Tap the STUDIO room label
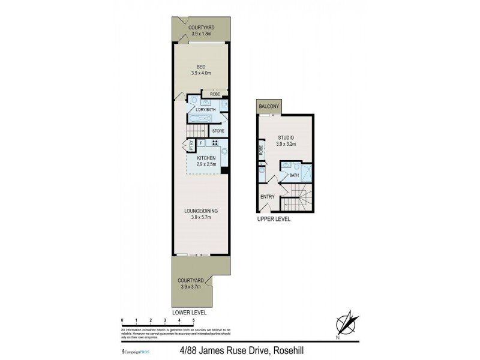pos(286,137)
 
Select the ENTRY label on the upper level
pos(267,197)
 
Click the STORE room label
pos(218,130)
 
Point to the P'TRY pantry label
pos(191,145)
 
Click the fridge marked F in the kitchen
pos(200,143)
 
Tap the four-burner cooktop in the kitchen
pos(214,143)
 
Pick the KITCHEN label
pos(206,158)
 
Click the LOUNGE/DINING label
pos(202,211)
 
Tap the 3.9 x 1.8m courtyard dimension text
pos(202,34)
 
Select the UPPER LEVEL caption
pos(274,220)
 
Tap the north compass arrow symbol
pos(346,323)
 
